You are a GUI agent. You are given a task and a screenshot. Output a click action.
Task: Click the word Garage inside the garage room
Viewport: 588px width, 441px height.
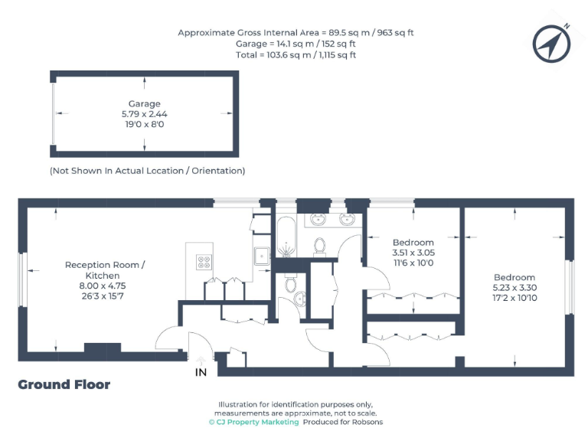tap(144, 103)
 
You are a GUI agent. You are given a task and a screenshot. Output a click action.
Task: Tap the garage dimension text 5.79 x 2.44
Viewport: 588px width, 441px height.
tap(144, 113)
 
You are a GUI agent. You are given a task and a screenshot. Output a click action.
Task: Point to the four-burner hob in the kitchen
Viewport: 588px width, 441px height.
tap(204, 263)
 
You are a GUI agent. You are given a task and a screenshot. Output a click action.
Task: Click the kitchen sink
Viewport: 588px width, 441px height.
tap(261, 256)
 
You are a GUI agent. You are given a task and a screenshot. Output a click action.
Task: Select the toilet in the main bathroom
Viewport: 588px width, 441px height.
tap(321, 245)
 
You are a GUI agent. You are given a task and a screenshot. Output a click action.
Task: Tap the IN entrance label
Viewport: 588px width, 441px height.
tap(201, 372)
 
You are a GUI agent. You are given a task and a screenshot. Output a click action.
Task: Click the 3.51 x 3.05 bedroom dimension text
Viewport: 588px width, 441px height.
tap(413, 253)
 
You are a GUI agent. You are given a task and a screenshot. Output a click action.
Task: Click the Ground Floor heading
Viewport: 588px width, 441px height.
tap(64, 384)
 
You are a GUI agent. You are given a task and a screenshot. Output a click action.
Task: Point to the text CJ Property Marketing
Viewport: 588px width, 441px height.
tap(254, 422)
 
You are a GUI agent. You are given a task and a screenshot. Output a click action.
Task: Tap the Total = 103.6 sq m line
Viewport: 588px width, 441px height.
tap(296, 55)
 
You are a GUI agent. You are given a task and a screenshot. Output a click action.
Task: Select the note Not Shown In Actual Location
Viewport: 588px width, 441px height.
tap(147, 170)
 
